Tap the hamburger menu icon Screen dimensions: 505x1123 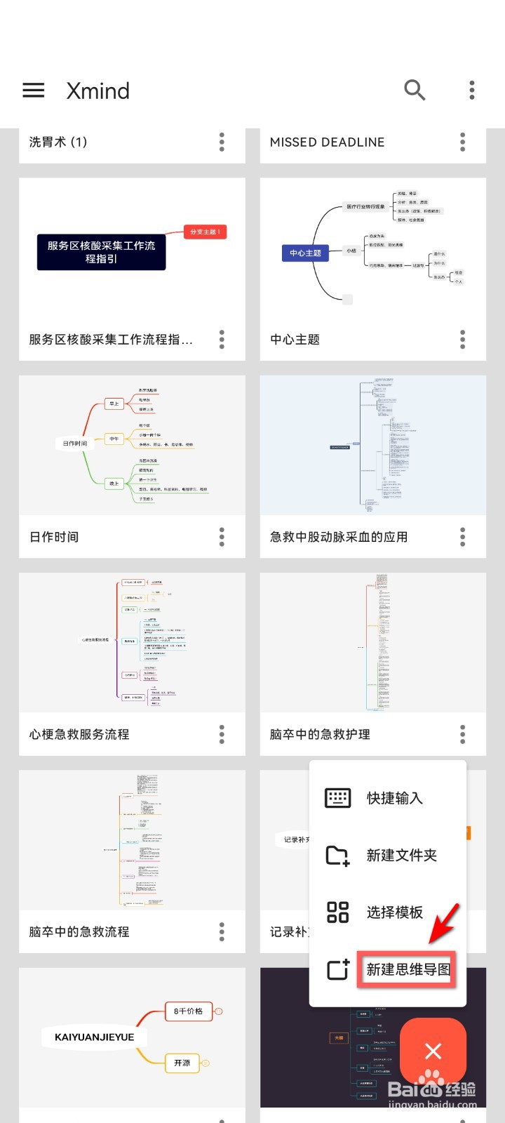click(34, 91)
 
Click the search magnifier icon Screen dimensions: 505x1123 click(415, 90)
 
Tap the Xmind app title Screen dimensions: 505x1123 click(98, 91)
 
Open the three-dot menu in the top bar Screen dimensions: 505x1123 click(472, 90)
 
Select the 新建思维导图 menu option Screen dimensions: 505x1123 click(408, 969)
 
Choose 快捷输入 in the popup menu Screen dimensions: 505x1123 click(394, 798)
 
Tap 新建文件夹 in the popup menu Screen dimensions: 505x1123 click(401, 855)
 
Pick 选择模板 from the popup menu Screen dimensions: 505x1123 click(394, 912)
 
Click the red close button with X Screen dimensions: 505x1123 click(433, 1051)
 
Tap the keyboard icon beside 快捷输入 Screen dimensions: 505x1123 click(337, 798)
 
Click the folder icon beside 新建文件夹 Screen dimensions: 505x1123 click(337, 855)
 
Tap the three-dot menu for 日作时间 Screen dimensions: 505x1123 click(222, 537)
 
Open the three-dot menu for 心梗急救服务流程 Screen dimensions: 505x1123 click(222, 734)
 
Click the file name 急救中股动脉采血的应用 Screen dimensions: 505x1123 click(339, 537)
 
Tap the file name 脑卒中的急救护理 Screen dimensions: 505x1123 click(320, 734)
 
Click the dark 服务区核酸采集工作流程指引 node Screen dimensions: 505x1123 click(101, 252)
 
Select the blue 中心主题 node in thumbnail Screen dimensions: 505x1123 click(305, 253)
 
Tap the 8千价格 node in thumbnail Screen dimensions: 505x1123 click(188, 1011)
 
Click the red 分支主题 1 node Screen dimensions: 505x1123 click(205, 232)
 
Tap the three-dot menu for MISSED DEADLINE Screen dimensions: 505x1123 click(462, 142)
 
